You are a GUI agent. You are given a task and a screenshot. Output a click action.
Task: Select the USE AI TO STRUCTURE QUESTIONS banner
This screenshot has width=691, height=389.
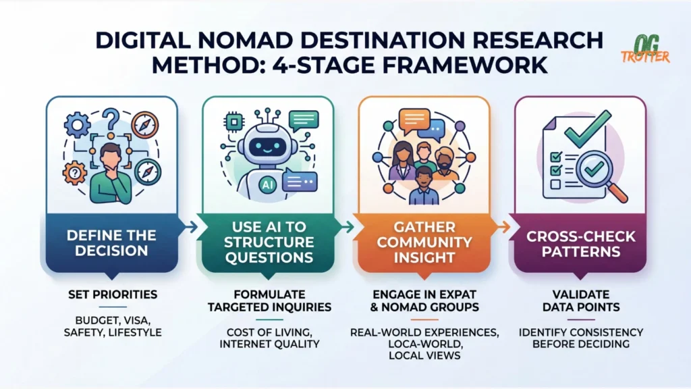click(268, 241)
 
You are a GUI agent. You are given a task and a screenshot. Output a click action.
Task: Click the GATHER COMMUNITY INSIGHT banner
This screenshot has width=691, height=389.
click(424, 241)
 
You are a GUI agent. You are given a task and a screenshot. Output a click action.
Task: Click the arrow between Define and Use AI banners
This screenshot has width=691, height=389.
click(190, 228)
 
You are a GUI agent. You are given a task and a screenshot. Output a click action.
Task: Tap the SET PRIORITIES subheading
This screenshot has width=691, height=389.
click(112, 295)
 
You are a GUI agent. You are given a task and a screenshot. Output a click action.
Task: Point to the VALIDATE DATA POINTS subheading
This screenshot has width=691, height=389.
click(580, 301)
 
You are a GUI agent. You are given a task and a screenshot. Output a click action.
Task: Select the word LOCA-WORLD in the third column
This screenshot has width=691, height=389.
click(424, 343)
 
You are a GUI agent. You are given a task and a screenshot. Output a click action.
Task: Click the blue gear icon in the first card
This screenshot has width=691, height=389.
click(76, 124)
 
